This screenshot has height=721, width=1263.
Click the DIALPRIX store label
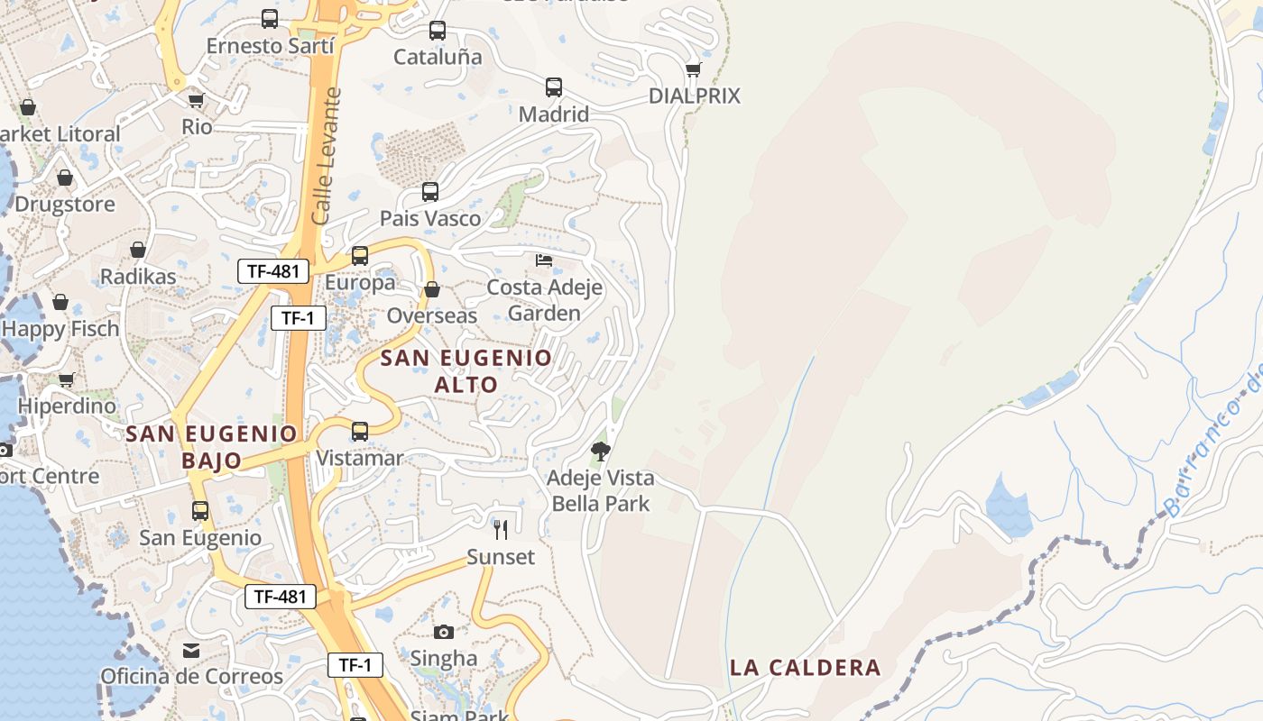coord(694,96)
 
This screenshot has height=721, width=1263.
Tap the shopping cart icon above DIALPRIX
coord(693,69)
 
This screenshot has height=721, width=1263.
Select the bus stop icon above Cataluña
coord(438,31)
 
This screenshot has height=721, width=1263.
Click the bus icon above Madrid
coord(554,87)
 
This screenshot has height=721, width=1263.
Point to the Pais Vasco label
coord(429,218)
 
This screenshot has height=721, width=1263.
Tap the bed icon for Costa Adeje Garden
coord(544,260)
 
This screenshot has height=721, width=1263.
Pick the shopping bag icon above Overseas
coord(432,289)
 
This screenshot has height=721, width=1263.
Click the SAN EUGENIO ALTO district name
coord(466,370)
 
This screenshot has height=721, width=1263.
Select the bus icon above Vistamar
coord(360,432)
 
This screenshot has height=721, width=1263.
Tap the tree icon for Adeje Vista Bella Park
coord(601,451)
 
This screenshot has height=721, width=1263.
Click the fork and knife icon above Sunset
coord(501,529)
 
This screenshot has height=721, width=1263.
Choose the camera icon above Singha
coord(444,632)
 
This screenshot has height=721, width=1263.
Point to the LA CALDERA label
coord(805,668)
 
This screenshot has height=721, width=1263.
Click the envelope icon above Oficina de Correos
coord(191,650)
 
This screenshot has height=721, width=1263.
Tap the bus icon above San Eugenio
coord(200,511)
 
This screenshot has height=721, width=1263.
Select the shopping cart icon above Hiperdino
coord(66,379)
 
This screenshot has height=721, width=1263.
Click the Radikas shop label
coord(138,276)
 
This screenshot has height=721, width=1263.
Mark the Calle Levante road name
coord(326,156)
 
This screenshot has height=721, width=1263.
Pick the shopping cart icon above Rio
coord(196,100)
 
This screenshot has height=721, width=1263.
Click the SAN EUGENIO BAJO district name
coord(212,446)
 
